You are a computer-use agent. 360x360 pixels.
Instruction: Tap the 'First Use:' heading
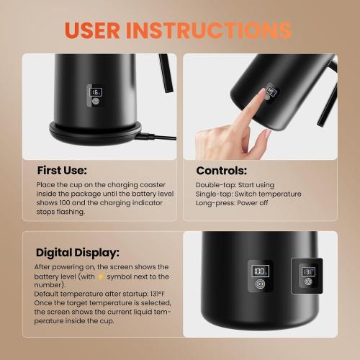(61, 171)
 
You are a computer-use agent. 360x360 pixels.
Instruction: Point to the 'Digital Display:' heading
(78, 253)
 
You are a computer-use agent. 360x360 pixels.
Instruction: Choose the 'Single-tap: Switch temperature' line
(248, 194)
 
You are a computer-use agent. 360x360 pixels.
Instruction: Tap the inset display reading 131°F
(308, 271)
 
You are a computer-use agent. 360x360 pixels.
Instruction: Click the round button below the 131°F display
(308, 282)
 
